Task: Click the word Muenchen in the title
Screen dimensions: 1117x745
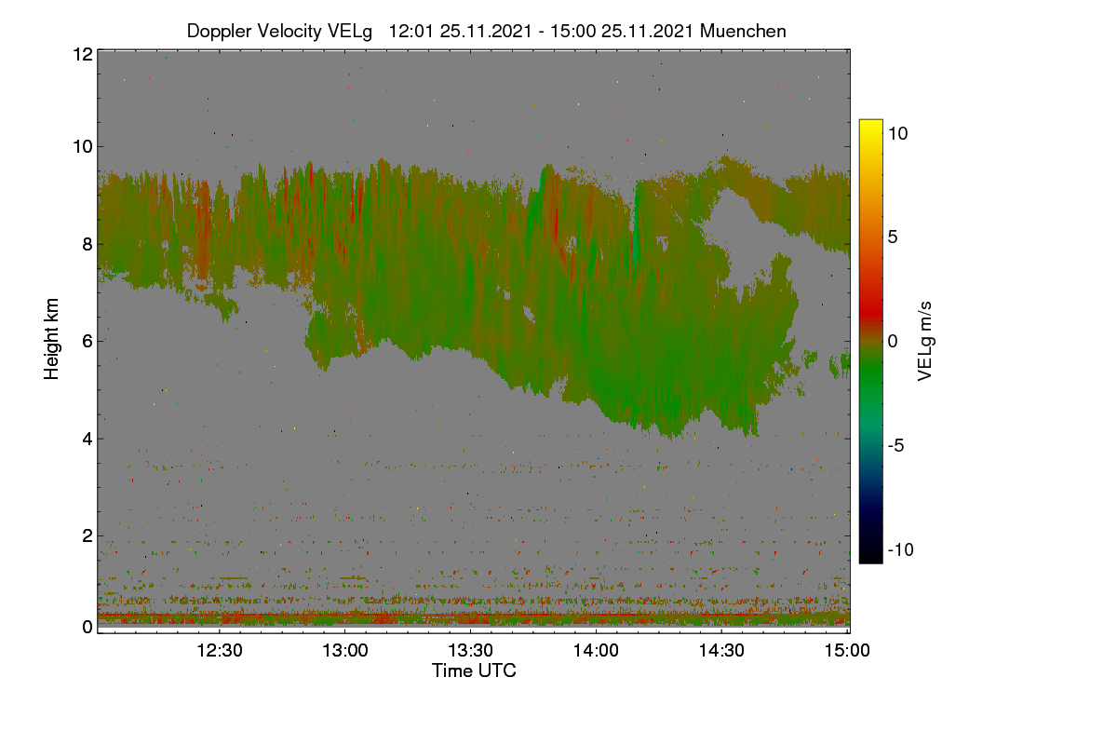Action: click(743, 31)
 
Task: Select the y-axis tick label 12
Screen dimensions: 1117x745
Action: click(83, 54)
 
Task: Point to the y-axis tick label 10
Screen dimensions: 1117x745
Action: click(83, 147)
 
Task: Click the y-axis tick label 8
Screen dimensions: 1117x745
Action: click(87, 244)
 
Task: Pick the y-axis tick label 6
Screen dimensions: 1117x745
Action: click(87, 342)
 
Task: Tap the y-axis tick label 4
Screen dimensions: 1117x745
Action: click(87, 440)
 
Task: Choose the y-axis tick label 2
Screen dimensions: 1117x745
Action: click(87, 535)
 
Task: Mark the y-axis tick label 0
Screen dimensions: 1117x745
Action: click(87, 627)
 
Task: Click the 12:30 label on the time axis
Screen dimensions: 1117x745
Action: click(220, 650)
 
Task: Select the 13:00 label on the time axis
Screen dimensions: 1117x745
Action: click(345, 650)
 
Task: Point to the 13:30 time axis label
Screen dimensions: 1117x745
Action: click(471, 650)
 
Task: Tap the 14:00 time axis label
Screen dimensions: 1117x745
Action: click(596, 650)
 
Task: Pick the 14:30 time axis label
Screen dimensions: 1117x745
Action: click(721, 650)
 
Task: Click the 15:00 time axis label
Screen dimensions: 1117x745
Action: click(847, 650)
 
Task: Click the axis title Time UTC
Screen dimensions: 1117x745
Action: click(474, 670)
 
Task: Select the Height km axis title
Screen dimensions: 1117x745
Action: click(51, 339)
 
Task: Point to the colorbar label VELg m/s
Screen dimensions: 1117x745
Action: click(925, 342)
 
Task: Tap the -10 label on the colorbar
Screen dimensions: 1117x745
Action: click(901, 549)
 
